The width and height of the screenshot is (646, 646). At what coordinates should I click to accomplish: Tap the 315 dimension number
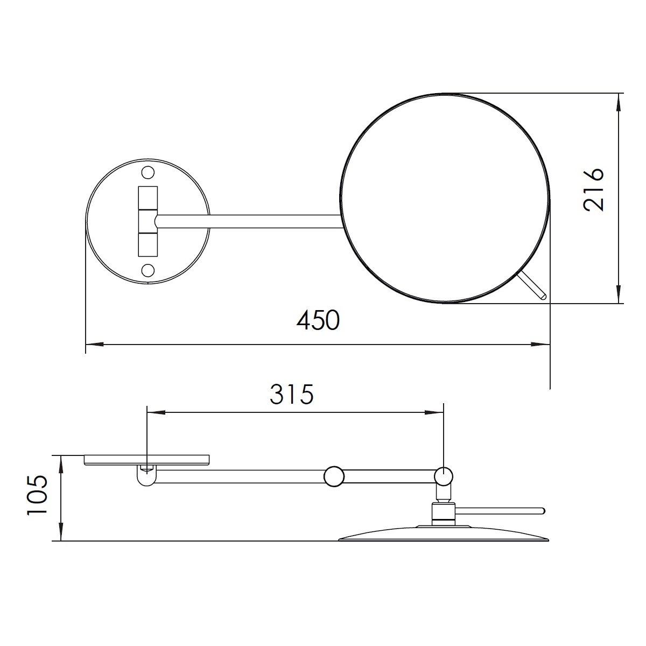pyautogui.click(x=291, y=395)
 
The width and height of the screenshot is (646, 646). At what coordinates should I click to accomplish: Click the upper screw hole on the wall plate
pyautogui.click(x=148, y=173)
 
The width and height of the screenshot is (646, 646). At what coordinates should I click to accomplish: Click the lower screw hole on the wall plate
pyautogui.click(x=148, y=270)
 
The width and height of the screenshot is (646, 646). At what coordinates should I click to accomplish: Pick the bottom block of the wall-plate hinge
pyautogui.click(x=148, y=245)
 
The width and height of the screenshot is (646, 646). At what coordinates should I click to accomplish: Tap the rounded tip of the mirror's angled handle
pyautogui.click(x=544, y=296)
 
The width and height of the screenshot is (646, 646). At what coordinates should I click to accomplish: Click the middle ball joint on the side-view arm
pyautogui.click(x=334, y=476)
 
